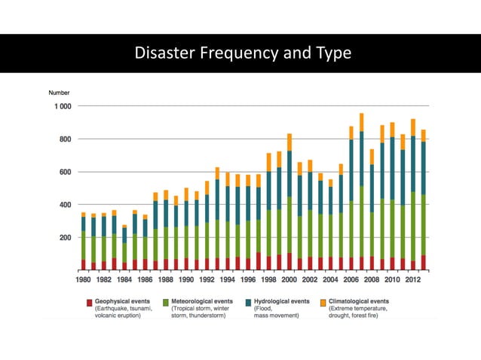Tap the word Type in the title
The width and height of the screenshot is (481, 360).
click(331, 53)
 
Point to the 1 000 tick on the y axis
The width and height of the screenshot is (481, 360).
click(60, 106)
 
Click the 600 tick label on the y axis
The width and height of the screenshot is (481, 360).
click(64, 172)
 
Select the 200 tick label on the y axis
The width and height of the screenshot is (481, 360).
click(64, 237)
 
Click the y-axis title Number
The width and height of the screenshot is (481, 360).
click(59, 93)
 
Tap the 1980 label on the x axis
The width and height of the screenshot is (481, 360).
click(83, 280)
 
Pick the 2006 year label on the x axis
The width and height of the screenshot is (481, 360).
click(351, 280)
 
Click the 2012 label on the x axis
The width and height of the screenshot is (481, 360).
click(412, 280)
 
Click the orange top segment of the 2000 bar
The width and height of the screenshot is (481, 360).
click(290, 142)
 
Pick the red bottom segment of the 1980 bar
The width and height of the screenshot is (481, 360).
click(84, 264)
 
